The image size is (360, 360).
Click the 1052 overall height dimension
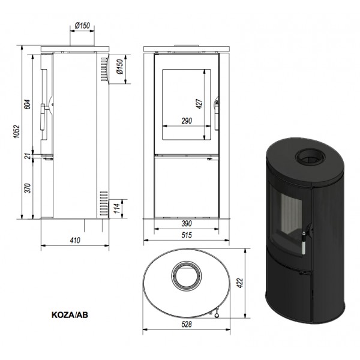[x=17, y=131]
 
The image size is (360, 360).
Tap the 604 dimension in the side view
[x=28, y=104]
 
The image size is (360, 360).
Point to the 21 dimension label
[x=28, y=157]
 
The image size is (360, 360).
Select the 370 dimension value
[x=28, y=188]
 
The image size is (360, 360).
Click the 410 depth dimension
[x=75, y=240]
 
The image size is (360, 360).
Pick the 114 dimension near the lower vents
[x=117, y=208]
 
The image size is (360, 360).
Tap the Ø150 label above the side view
[x=82, y=25]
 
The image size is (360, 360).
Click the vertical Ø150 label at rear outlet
[x=120, y=67]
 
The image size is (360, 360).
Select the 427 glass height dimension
[x=199, y=104]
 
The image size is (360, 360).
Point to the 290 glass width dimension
[x=187, y=121]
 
